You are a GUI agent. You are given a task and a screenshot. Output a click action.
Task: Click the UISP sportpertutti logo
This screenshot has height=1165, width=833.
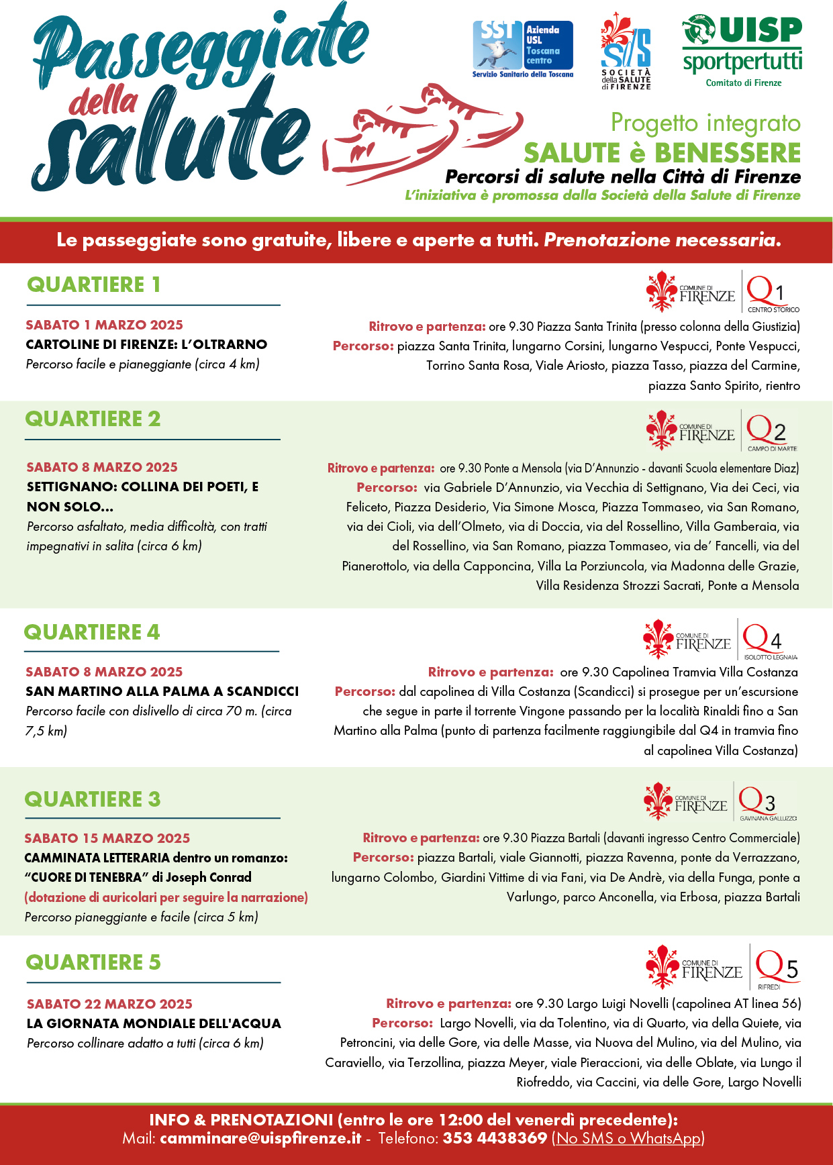coord(742,51)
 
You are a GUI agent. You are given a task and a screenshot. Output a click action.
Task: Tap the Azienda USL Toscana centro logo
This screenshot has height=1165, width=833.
coord(523,49)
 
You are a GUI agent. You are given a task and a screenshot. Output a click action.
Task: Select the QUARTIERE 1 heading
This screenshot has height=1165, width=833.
coord(93,285)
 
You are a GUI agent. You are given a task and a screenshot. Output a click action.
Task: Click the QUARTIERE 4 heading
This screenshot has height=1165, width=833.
coord(92,632)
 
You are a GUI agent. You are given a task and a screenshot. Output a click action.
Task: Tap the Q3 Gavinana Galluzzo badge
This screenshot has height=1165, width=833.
coord(767,802)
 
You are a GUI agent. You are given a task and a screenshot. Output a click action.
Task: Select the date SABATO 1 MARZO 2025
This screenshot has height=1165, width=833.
coord(104,325)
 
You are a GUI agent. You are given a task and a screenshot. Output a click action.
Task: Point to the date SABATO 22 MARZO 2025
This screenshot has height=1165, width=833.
coord(109,1004)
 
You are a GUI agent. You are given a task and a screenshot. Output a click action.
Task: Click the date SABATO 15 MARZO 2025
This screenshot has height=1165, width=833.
coord(107,838)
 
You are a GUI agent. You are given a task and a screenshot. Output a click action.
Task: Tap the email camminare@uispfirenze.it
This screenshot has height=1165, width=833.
coord(260,1138)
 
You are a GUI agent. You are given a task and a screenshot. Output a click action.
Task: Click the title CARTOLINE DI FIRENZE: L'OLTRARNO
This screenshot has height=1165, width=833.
coord(146,344)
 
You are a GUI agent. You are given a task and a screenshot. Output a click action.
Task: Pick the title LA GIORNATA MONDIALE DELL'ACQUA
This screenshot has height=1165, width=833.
coord(154,1023)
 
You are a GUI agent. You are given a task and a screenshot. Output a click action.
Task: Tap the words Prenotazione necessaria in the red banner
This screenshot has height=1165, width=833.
coord(662,240)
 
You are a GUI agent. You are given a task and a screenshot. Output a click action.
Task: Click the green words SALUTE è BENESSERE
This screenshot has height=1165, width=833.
coord(662,153)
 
